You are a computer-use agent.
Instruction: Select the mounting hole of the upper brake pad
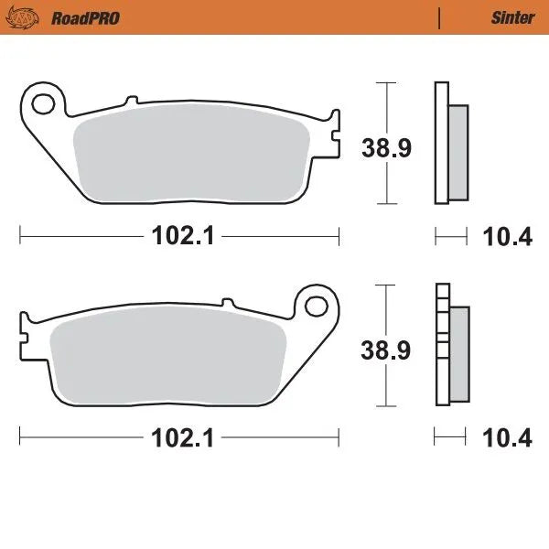point(42,98)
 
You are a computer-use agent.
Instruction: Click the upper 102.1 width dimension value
point(182,236)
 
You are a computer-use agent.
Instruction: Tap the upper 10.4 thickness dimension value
point(507,237)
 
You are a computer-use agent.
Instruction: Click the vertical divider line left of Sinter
point(440,17)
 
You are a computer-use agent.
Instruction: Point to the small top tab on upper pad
point(131,98)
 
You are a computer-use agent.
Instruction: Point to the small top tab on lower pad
point(226,300)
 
